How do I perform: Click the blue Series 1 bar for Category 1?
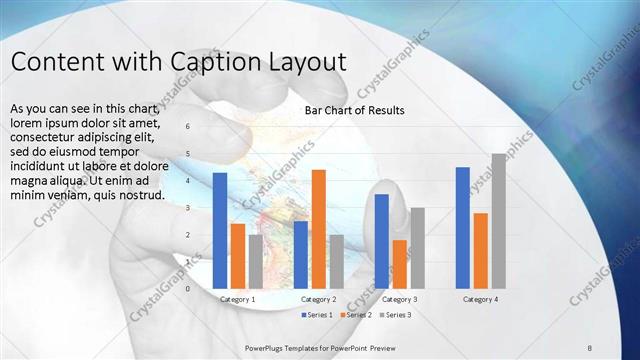tap(220, 230)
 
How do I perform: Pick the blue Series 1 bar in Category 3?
tap(382, 240)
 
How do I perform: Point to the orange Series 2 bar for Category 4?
tap(481, 250)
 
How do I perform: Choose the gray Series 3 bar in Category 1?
tap(256, 261)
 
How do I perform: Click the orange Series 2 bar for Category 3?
tap(400, 264)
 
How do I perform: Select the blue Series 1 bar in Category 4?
tap(463, 227)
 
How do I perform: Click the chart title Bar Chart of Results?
tap(354, 110)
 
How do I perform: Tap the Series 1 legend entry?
tap(319, 315)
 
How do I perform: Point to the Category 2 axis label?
tap(318, 299)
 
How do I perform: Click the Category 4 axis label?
tap(481, 299)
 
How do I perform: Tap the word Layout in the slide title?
tap(304, 61)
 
